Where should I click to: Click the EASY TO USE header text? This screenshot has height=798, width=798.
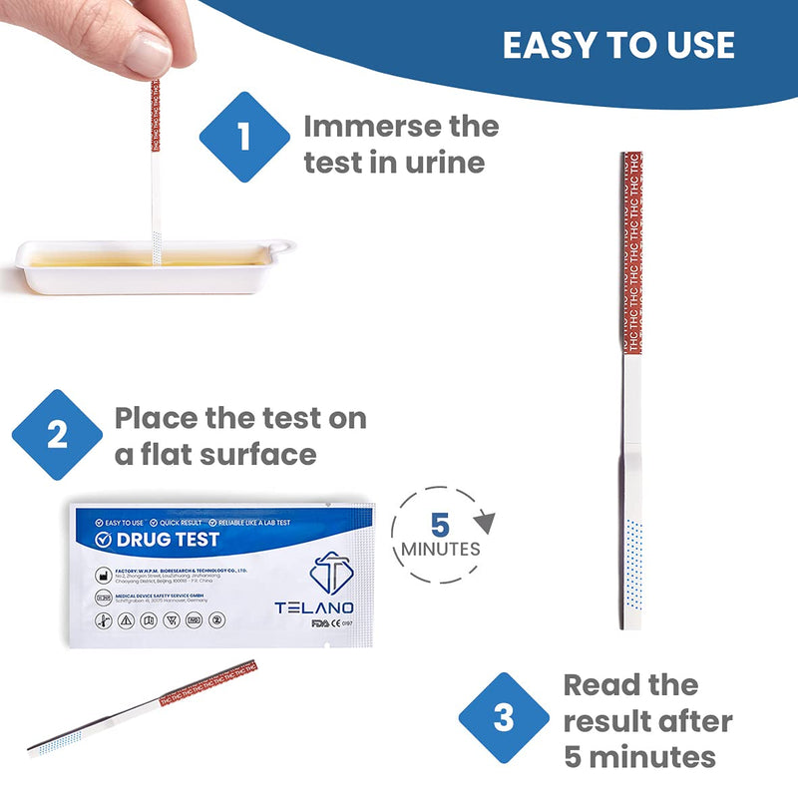618,45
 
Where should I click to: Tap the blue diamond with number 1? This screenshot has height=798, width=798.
244,137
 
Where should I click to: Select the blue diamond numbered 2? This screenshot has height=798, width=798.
57,435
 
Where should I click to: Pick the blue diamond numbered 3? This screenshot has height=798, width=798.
504,718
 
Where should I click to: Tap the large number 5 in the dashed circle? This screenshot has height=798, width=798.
440,525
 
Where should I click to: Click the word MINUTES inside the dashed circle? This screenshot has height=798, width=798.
440,550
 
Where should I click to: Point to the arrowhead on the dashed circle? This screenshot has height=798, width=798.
485,520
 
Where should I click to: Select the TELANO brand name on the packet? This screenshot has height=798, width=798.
312,606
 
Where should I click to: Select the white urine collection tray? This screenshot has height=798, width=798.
150,264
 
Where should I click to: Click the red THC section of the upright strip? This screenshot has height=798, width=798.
630,249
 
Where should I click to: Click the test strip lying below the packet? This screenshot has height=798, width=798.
140,708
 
